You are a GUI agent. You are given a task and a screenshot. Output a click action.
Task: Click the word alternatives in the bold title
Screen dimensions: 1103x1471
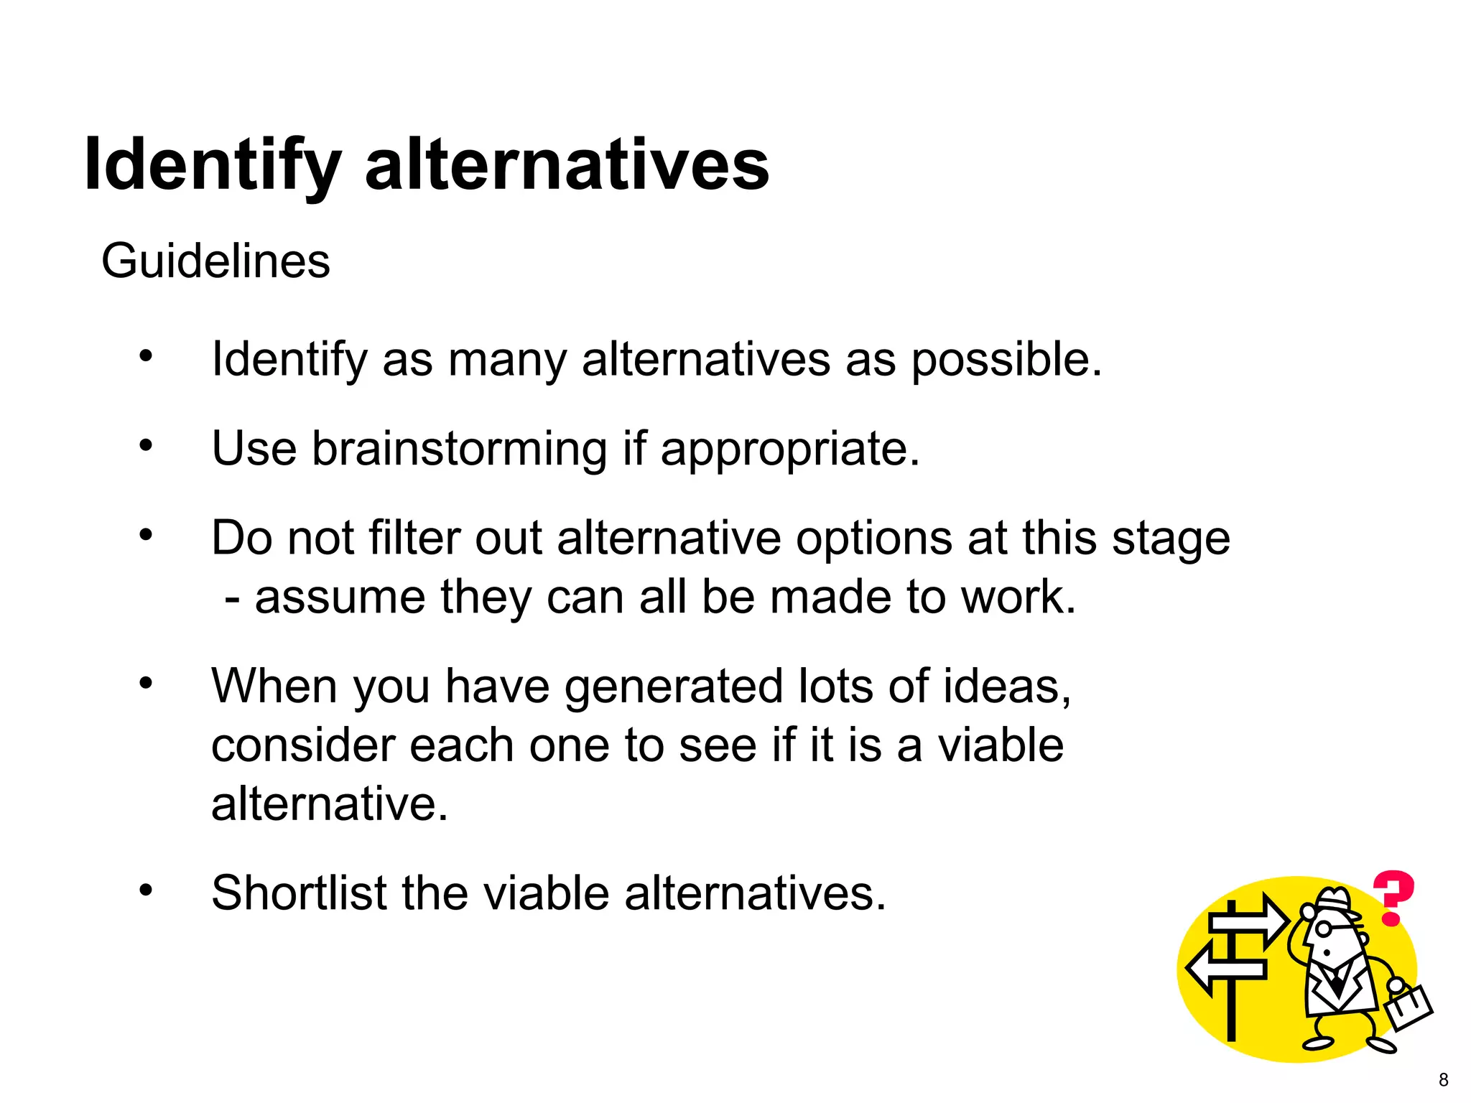point(567,165)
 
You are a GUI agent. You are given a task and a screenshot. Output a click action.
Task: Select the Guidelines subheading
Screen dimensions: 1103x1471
point(215,261)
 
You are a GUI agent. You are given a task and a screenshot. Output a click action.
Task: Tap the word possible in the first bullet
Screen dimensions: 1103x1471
point(1006,360)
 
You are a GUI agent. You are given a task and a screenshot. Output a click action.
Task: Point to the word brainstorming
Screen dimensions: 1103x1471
point(460,450)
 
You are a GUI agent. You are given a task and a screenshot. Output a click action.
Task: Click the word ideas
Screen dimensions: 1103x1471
point(1006,687)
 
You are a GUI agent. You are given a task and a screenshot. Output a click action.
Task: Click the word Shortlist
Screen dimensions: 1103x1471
point(299,893)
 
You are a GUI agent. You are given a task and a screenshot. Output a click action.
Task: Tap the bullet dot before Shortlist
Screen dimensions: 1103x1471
point(147,890)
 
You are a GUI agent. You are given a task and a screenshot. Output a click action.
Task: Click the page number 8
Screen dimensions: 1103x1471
point(1443,1079)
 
